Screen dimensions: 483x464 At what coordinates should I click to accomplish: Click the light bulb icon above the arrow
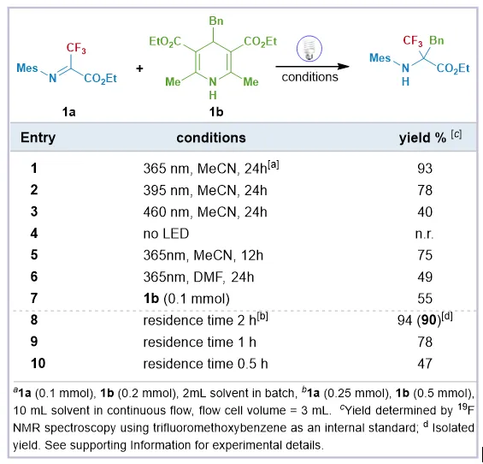(x=309, y=49)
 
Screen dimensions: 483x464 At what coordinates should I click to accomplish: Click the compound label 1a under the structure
(x=68, y=111)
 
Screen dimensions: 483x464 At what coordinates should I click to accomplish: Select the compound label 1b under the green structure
(x=216, y=111)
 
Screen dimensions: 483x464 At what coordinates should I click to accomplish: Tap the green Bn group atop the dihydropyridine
(x=216, y=21)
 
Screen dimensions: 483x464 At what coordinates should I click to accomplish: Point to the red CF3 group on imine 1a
(x=76, y=48)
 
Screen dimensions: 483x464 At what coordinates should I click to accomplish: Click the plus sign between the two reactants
(x=139, y=68)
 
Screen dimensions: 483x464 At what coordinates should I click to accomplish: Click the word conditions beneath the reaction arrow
(x=309, y=77)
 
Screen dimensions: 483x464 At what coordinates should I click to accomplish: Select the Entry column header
(x=38, y=138)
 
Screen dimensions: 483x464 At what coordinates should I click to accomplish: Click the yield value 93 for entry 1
(x=425, y=169)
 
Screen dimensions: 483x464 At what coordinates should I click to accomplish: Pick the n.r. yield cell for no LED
(x=424, y=234)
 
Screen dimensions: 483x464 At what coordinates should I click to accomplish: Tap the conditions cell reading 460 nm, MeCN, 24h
(x=205, y=212)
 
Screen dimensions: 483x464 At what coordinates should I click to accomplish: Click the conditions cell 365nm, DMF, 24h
(x=198, y=277)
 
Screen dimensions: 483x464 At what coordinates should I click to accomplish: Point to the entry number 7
(x=34, y=298)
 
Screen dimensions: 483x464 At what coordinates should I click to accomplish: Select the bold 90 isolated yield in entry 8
(x=429, y=320)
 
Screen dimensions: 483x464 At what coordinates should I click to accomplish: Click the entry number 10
(x=38, y=364)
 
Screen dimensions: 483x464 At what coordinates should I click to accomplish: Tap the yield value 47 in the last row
(x=425, y=364)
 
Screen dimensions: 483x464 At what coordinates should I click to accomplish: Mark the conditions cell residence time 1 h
(x=199, y=342)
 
